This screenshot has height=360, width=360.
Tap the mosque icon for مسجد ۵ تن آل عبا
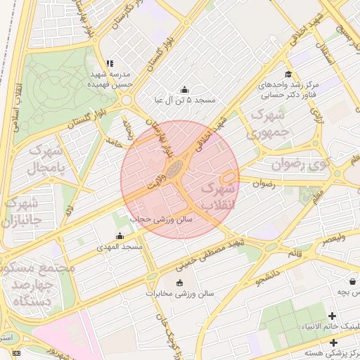click(185, 89)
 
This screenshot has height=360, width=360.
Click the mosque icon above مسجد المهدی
click(119, 236)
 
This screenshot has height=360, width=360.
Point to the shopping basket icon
click(179, 283)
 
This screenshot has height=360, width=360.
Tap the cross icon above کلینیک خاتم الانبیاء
click(332, 316)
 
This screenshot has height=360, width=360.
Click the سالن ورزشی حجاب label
click(169, 219)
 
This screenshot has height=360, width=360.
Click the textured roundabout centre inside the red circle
click(174, 168)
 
